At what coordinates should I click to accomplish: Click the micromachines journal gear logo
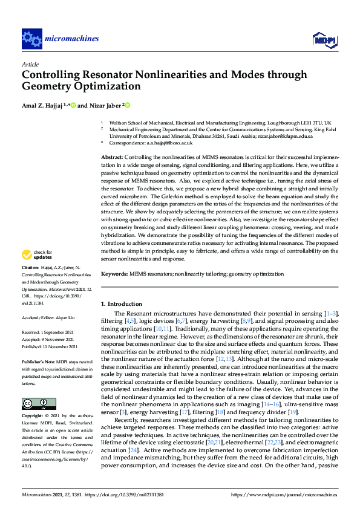pos(31,39)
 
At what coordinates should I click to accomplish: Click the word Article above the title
pos(30,64)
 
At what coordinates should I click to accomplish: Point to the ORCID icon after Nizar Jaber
pos(128,105)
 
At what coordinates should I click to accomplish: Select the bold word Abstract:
pos(112,157)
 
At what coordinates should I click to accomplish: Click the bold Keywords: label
pos(114,274)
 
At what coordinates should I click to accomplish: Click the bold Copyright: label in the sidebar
pos(33,417)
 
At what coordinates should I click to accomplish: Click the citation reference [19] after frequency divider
pos(293,411)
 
